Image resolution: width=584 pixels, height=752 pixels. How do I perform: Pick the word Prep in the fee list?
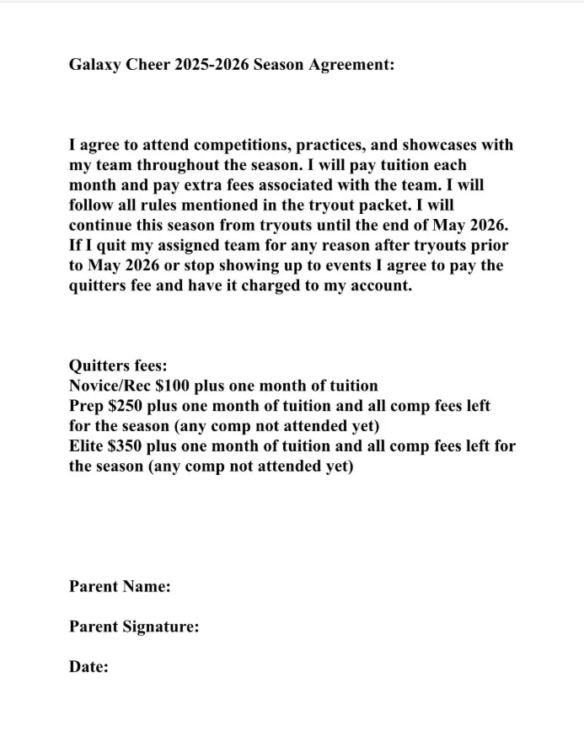(x=86, y=407)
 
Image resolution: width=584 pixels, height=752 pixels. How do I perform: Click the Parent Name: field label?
(x=120, y=586)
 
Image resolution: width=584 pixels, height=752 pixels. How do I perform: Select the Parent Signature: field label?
(x=134, y=627)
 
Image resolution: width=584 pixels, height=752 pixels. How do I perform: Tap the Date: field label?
(x=88, y=667)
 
